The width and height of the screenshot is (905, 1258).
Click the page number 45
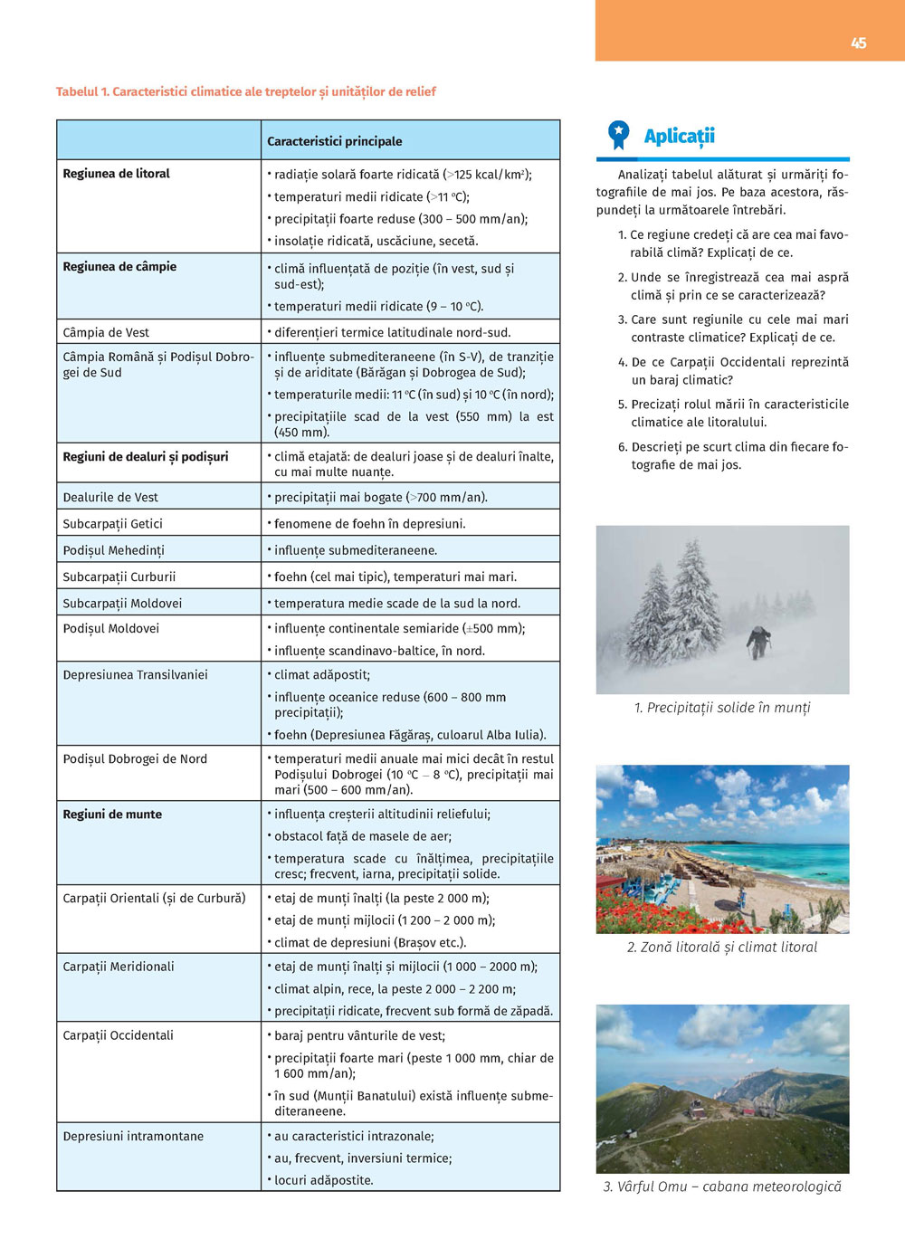pyautogui.click(x=858, y=43)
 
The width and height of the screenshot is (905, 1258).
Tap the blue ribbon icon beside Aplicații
pyautogui.click(x=618, y=135)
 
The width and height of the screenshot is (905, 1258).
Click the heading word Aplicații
pyautogui.click(x=679, y=136)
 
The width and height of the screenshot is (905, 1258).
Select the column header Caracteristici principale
pyautogui.click(x=334, y=141)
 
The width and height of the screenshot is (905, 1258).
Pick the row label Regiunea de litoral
pyautogui.click(x=116, y=174)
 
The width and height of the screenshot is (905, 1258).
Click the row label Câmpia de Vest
pyautogui.click(x=106, y=332)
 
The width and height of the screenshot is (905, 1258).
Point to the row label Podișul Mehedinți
pyautogui.click(x=113, y=550)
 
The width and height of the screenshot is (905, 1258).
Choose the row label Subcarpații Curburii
pyautogui.click(x=119, y=577)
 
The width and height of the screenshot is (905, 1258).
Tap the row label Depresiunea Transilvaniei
pyautogui.click(x=135, y=674)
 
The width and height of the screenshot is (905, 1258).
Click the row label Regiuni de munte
pyautogui.click(x=112, y=815)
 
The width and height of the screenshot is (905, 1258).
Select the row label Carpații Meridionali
pyautogui.click(x=118, y=967)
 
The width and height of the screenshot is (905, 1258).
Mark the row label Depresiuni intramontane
pyautogui.click(x=133, y=1136)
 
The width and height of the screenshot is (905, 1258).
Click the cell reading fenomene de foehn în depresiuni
pyautogui.click(x=370, y=524)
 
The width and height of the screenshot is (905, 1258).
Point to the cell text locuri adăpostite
pyautogui.click(x=323, y=1180)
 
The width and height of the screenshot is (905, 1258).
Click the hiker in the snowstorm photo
pyautogui.click(x=758, y=642)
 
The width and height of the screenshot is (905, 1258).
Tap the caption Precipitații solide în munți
pyautogui.click(x=722, y=708)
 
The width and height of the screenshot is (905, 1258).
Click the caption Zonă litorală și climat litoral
pyautogui.click(x=721, y=948)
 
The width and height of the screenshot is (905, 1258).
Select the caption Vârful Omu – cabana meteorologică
pyautogui.click(x=722, y=1187)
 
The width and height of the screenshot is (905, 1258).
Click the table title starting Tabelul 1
pyautogui.click(x=245, y=91)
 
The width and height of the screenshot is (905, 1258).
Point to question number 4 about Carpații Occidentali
pyautogui.click(x=733, y=371)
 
